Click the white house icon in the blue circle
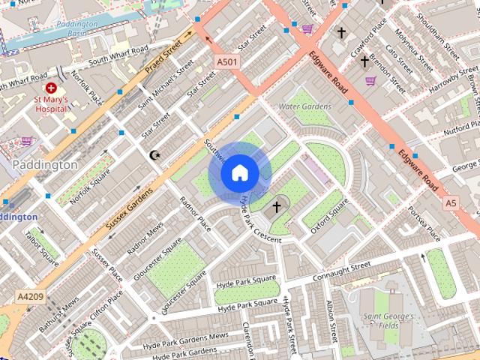(x=239, y=173)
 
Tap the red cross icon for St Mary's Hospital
(x=51, y=88)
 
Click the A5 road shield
(x=450, y=202)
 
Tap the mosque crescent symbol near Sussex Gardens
(x=156, y=155)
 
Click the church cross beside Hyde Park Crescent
(x=276, y=206)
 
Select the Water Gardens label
(x=304, y=106)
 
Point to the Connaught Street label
(x=341, y=268)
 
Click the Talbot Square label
(x=40, y=244)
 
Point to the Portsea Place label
(x=424, y=224)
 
